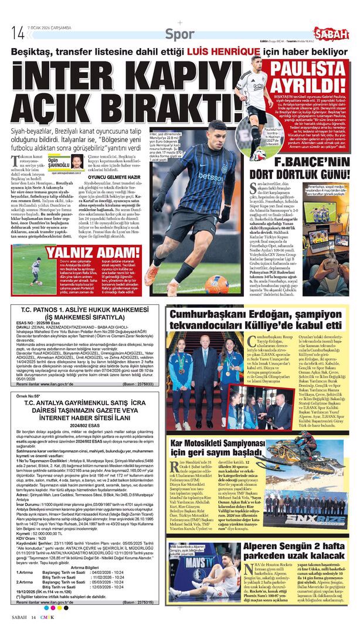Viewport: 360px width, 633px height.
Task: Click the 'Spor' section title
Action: tap(179, 34)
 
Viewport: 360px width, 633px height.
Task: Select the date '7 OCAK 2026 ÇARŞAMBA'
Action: tap(49, 28)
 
